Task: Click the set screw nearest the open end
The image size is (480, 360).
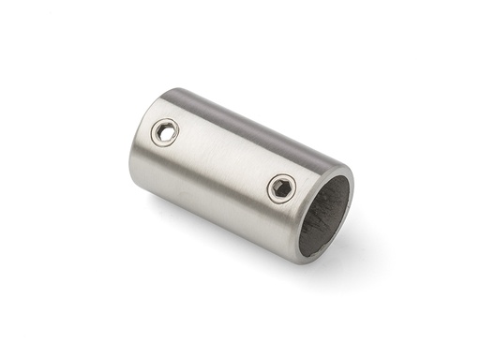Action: pyautogui.click(x=281, y=187)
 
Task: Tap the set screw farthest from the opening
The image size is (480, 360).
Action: pyautogui.click(x=167, y=133)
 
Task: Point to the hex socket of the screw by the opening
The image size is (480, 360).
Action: pyautogui.click(x=281, y=188)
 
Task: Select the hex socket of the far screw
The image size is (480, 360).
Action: pyautogui.click(x=167, y=133)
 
